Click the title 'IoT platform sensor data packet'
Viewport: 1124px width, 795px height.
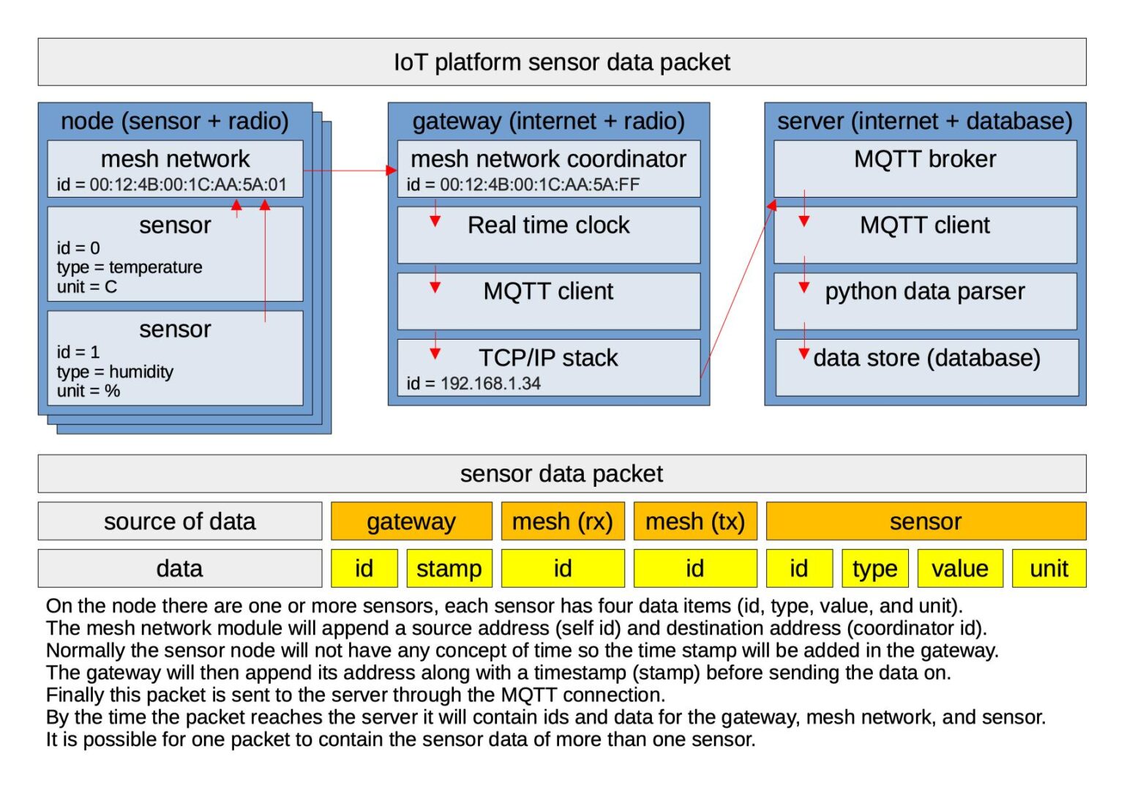pyautogui.click(x=561, y=62)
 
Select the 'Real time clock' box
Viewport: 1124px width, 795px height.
pyautogui.click(x=548, y=234)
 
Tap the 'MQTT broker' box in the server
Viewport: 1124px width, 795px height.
pyautogui.click(x=925, y=168)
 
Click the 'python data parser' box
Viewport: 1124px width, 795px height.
pyautogui.click(x=925, y=300)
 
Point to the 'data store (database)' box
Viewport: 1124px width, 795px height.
pyautogui.click(x=926, y=367)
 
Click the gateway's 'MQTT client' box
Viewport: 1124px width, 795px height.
pyautogui.click(x=548, y=300)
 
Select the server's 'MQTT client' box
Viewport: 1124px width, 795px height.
pyautogui.click(x=925, y=234)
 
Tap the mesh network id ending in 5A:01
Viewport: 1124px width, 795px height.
pyautogui.click(x=172, y=184)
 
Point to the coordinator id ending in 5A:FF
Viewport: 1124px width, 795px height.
pyautogui.click(x=523, y=184)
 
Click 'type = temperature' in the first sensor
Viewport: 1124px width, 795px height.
pyautogui.click(x=130, y=267)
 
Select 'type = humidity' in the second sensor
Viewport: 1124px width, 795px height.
pyautogui.click(x=115, y=372)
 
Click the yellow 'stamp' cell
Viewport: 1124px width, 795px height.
pyautogui.click(x=449, y=569)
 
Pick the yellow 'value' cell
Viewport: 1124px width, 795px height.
pyautogui.click(x=959, y=569)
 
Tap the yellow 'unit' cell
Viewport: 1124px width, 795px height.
pyautogui.click(x=1049, y=569)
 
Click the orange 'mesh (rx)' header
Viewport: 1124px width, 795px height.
pyautogui.click(x=562, y=521)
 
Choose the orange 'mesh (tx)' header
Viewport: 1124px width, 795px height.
pyautogui.click(x=694, y=521)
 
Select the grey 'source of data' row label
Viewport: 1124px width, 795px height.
pyautogui.click(x=179, y=521)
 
